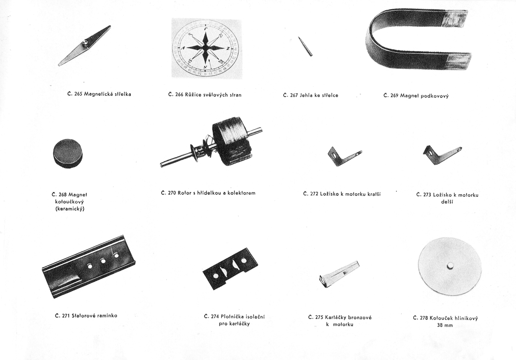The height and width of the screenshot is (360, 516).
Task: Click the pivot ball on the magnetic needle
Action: click(85, 43)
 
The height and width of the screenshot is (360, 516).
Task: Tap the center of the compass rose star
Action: click(205, 48)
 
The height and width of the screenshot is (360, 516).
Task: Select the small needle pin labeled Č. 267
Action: click(305, 46)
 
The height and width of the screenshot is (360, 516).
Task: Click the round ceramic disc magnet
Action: click(68, 153)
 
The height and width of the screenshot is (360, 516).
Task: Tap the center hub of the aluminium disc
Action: click(449, 266)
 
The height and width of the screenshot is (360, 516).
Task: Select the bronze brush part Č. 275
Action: click(339, 274)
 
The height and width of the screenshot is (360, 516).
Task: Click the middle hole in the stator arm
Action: click(103, 261)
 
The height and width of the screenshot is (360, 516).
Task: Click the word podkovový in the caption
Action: click(435, 96)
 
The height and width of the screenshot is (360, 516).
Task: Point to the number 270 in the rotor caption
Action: click(172, 193)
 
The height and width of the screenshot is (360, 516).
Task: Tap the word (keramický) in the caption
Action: click(70, 209)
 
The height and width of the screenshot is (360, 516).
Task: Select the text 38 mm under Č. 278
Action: click(445, 325)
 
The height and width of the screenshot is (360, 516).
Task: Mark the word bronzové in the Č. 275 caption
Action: click(359, 317)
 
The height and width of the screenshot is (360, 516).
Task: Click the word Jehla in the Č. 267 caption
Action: click(305, 95)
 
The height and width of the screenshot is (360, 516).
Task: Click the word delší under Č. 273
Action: click(447, 202)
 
